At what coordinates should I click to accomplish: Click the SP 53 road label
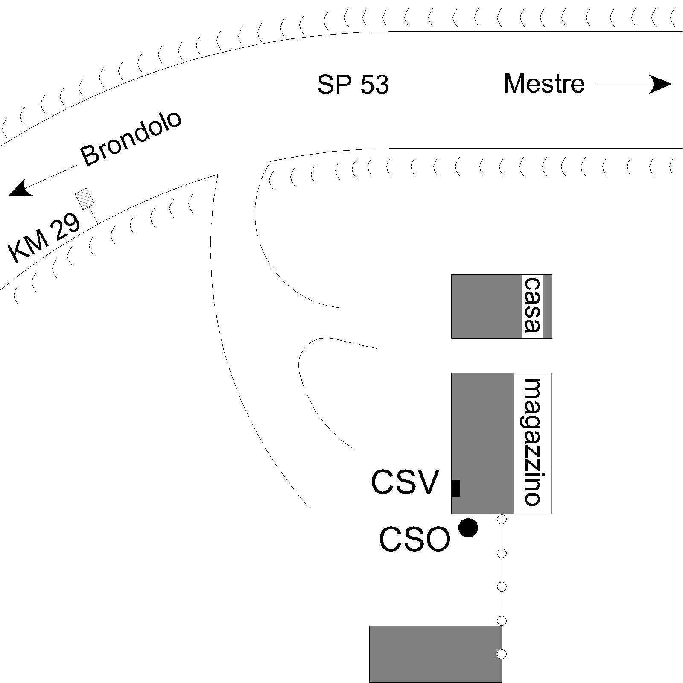tap(353, 85)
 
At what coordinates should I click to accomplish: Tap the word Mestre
tap(544, 84)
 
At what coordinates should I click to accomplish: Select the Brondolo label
tap(131, 139)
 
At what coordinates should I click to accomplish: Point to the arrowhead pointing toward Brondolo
tap(19, 189)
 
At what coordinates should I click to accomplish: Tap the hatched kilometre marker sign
tap(84, 198)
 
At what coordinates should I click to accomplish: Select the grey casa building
tap(502, 306)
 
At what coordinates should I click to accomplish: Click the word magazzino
tap(532, 441)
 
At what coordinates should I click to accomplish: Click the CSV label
tap(405, 482)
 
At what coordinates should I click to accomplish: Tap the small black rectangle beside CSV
tap(455, 488)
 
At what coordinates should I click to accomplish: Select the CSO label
tap(414, 539)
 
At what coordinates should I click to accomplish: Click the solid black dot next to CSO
tap(468, 528)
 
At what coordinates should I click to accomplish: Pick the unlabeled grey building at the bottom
tap(435, 654)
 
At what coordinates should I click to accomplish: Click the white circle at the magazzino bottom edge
tap(502, 520)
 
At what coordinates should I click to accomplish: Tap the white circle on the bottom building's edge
tap(502, 654)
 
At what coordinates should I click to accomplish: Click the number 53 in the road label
tap(374, 85)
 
